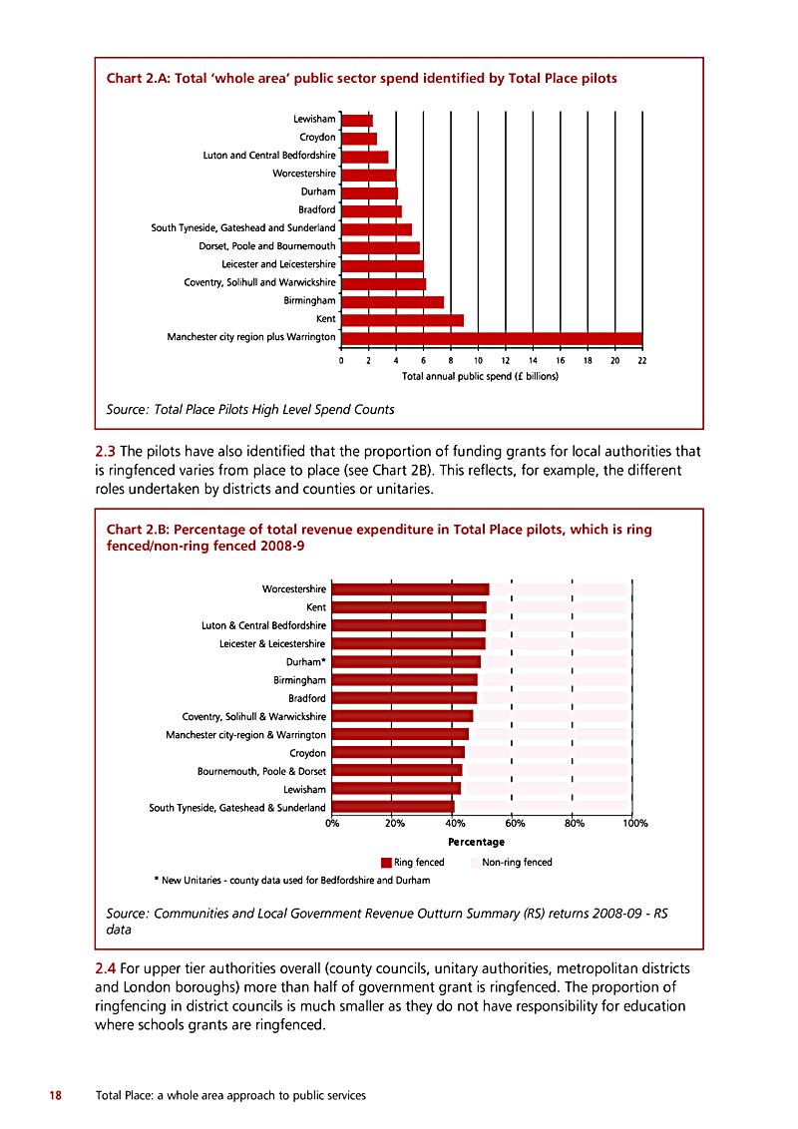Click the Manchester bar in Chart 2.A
coord(492,338)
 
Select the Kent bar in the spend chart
coord(403,320)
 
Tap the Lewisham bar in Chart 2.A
coord(357,121)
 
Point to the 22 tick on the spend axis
coord(642,361)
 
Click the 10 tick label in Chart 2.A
coord(478,361)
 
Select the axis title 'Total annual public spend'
coord(481,376)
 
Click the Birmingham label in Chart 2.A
coord(309,301)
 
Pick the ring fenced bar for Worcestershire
coord(411,589)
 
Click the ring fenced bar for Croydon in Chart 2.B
coord(398,752)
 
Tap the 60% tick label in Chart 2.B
coord(515,823)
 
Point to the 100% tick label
coord(635,823)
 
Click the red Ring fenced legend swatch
coord(386,863)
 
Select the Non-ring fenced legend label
coord(517,862)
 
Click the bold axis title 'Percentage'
coord(476,842)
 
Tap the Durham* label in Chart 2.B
coord(306,662)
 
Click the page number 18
coord(56,1095)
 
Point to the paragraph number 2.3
coord(105,452)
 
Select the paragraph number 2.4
coord(105,968)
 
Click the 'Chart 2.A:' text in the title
coord(139,79)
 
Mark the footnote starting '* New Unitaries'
coord(291,880)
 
